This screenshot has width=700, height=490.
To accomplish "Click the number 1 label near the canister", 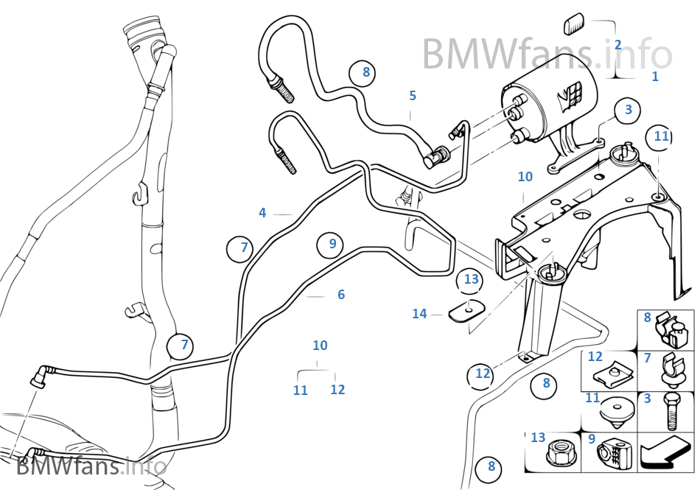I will click(655, 76).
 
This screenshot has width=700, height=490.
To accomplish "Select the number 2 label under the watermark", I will click(617, 45).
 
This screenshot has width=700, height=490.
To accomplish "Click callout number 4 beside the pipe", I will click(262, 213).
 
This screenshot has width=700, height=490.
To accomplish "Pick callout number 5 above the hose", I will click(413, 95).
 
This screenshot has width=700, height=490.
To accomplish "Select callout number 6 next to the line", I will click(340, 295).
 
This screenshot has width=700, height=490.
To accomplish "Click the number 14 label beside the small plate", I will click(419, 314).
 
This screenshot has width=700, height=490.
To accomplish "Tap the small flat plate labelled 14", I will click(465, 312).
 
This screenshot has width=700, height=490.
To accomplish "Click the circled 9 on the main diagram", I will click(332, 244).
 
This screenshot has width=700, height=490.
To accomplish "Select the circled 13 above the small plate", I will click(471, 279).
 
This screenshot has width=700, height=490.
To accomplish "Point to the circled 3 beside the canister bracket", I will click(628, 110).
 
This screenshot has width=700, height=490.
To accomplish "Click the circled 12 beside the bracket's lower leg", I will click(482, 374).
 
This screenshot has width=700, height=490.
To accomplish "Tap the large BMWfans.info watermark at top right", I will click(547, 53).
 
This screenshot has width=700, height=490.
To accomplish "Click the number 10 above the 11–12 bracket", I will click(320, 346).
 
